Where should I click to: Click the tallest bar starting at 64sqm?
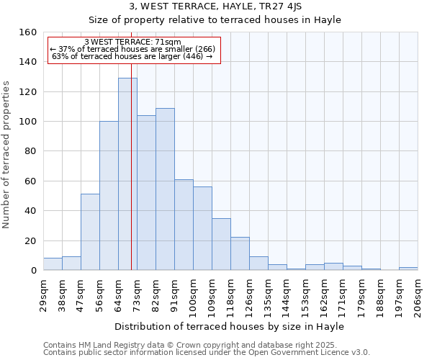click(127, 174)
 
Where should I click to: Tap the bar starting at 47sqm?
click(90, 232)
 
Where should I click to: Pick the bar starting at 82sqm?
click(165, 189)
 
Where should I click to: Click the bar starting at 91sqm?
click(184, 225)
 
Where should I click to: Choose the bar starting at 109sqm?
click(221, 244)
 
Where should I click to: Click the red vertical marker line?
click(131, 180)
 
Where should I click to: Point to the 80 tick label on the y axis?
click(30, 151)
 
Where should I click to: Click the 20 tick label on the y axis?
click(30, 241)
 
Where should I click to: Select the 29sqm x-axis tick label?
click(43, 292)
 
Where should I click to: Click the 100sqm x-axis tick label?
click(193, 294)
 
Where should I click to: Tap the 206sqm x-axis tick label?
click(418, 294)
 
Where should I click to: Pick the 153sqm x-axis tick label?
click(305, 294)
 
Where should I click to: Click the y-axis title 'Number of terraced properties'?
click(7, 154)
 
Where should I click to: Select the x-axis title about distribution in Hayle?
click(229, 326)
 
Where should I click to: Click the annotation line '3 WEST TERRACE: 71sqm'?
click(132, 42)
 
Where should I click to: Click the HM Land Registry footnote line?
click(205, 345)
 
